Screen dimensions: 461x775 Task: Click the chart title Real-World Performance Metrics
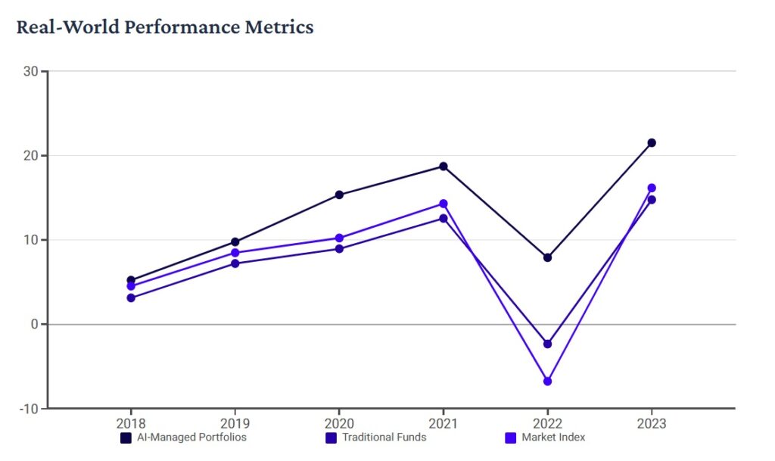coord(164,27)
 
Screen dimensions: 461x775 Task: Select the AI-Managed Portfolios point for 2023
coord(651,142)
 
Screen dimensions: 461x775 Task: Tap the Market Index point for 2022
coord(547,381)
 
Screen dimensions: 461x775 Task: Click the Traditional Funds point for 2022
coord(547,344)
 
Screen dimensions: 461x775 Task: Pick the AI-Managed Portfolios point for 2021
coord(444,167)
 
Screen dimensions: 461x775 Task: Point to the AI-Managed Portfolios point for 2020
coord(339,195)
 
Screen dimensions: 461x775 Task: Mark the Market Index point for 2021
coord(444,204)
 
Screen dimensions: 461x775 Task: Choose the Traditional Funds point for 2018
coord(131,297)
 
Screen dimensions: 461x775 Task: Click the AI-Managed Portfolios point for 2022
coord(547,257)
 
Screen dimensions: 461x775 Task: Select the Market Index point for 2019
coord(235,253)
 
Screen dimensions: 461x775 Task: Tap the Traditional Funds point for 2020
coord(339,248)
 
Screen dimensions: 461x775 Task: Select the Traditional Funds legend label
coord(384,438)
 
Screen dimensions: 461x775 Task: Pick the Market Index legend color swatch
coord(510,438)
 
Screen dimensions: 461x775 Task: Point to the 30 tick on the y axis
coord(32,71)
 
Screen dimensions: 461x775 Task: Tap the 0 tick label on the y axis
coord(35,324)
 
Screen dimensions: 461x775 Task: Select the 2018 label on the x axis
coord(131,423)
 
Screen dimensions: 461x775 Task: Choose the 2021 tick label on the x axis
coord(444,423)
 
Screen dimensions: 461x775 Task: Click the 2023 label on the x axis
coord(651,423)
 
